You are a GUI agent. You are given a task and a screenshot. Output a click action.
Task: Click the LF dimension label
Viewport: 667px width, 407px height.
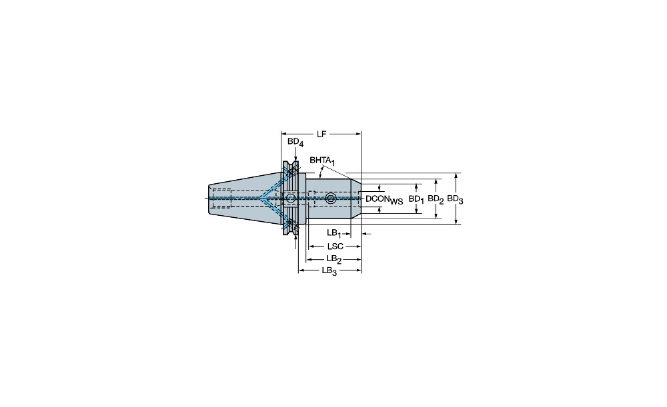(321, 135)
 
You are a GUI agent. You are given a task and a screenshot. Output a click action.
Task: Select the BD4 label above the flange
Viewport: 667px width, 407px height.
(295, 143)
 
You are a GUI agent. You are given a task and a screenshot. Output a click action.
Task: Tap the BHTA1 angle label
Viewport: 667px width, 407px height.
(322, 161)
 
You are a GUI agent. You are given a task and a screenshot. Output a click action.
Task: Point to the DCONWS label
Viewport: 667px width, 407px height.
(384, 199)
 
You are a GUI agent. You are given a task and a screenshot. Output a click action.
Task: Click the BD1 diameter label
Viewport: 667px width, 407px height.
(416, 199)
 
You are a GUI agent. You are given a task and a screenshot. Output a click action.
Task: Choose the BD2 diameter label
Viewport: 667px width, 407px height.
(436, 199)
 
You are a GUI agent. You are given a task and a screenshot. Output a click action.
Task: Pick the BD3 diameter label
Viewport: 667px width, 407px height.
(455, 199)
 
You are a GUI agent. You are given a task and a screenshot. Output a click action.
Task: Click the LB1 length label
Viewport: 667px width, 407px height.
(334, 233)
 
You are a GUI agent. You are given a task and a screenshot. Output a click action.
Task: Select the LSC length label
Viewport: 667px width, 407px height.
(336, 246)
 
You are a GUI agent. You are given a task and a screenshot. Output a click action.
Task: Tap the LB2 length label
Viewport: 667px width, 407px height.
(334, 258)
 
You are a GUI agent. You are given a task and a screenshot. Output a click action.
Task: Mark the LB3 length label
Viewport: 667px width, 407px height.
(329, 270)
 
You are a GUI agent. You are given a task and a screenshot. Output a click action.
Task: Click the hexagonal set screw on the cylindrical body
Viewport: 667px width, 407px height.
(331, 199)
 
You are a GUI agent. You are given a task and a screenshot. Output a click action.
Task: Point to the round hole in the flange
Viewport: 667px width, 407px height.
(291, 199)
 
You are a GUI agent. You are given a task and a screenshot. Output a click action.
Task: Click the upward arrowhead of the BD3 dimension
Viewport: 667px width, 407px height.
(456, 176)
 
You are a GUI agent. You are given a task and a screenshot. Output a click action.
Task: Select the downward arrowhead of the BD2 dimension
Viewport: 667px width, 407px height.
(436, 216)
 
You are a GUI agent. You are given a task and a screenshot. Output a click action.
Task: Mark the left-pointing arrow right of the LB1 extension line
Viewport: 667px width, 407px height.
(366, 233)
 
